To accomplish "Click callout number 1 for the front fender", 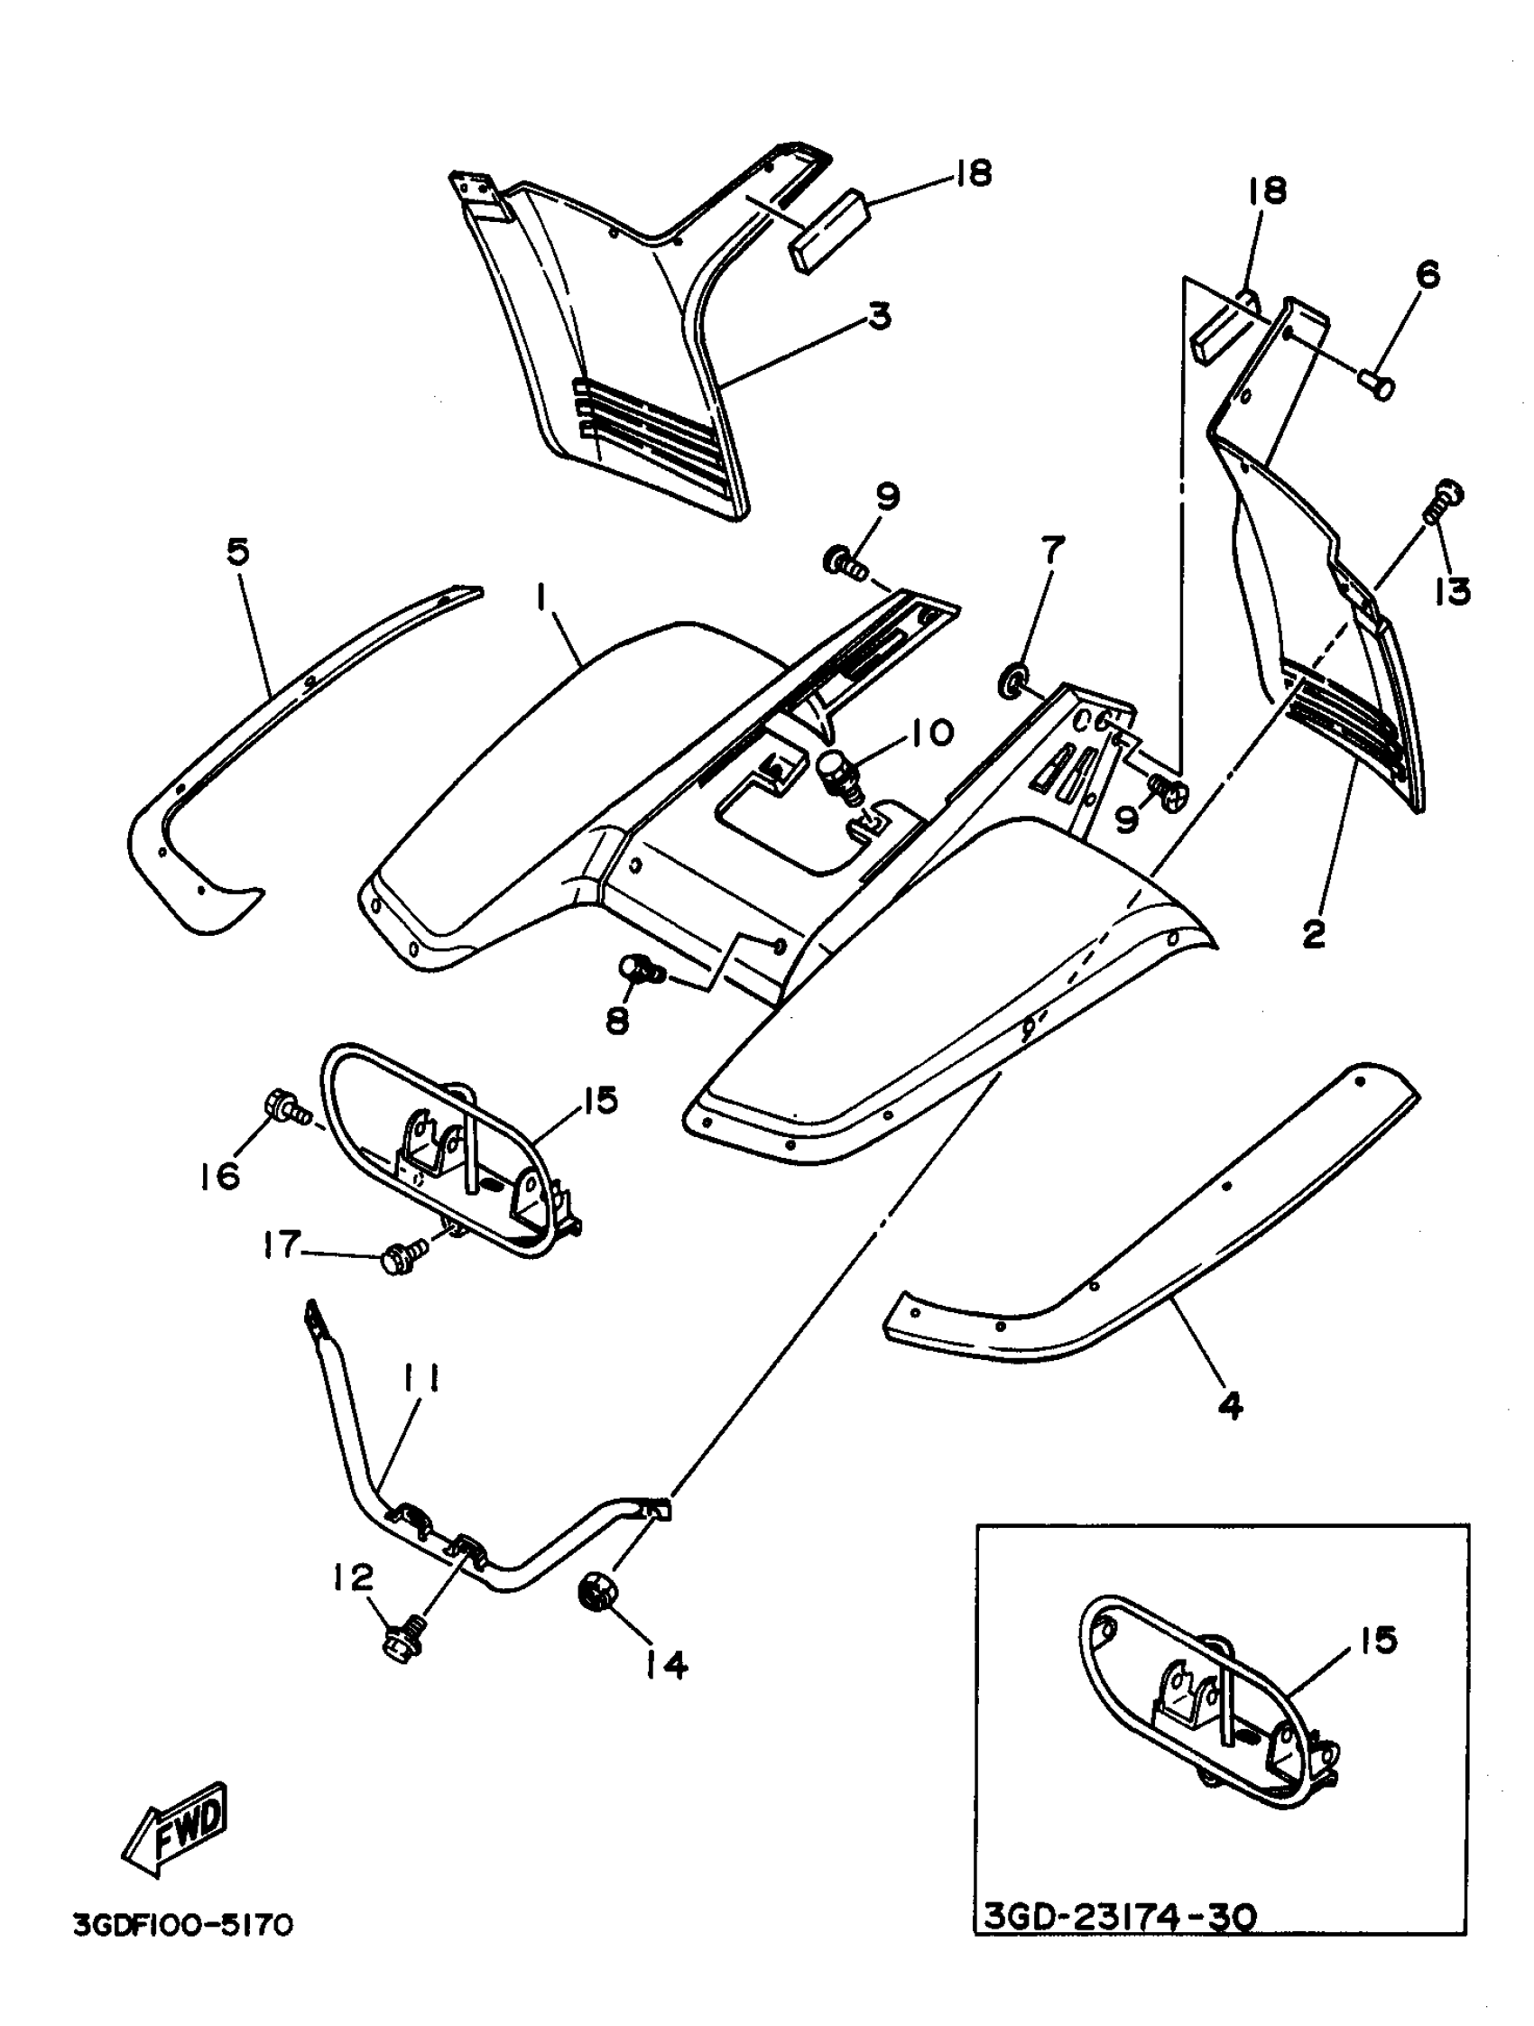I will click(x=542, y=600).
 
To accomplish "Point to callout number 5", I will click(x=237, y=552).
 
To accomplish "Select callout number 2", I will click(x=1313, y=935).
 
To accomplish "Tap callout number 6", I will click(x=1426, y=274).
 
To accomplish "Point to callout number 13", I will click(x=1454, y=592).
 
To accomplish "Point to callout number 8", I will click(x=618, y=1021).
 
